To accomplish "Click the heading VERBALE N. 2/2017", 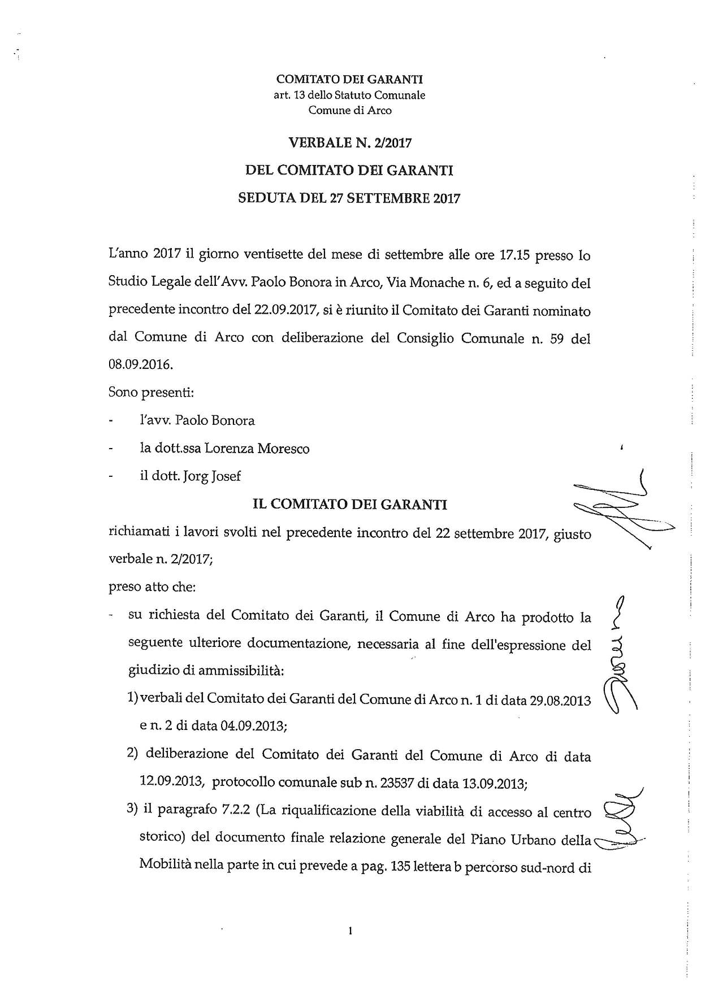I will pyautogui.click(x=349, y=143).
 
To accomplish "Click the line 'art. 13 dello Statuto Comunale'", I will pyautogui.click(x=349, y=95).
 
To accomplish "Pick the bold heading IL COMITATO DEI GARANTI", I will pyautogui.click(x=349, y=505).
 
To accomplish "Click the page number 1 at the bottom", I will pyautogui.click(x=350, y=931).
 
